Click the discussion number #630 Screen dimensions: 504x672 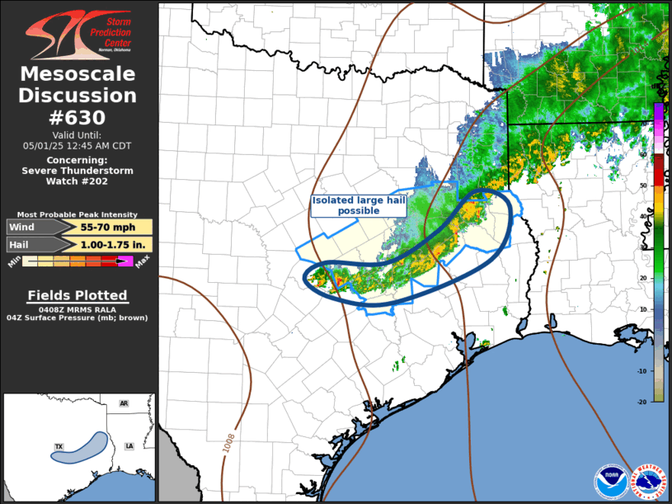point(78,117)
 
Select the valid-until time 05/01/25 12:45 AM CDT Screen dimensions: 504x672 point(78,145)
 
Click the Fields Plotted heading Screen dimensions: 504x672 point(78,295)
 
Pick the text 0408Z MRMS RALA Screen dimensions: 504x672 point(78,308)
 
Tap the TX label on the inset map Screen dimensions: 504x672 point(59,446)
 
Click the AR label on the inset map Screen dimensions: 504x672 point(124,403)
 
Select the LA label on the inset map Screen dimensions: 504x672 point(129,445)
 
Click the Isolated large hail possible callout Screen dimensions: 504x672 point(358,205)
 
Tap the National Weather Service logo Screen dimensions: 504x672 point(648,481)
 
